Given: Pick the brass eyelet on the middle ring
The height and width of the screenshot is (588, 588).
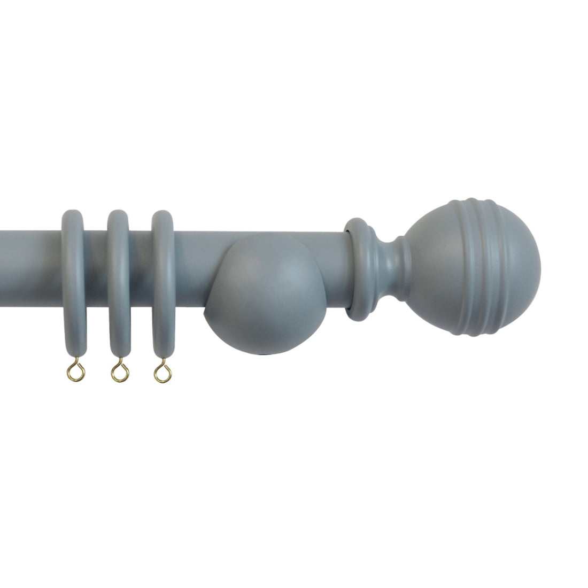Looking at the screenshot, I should coord(117,369).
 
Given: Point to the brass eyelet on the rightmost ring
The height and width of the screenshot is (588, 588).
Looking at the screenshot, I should coord(160,369).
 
